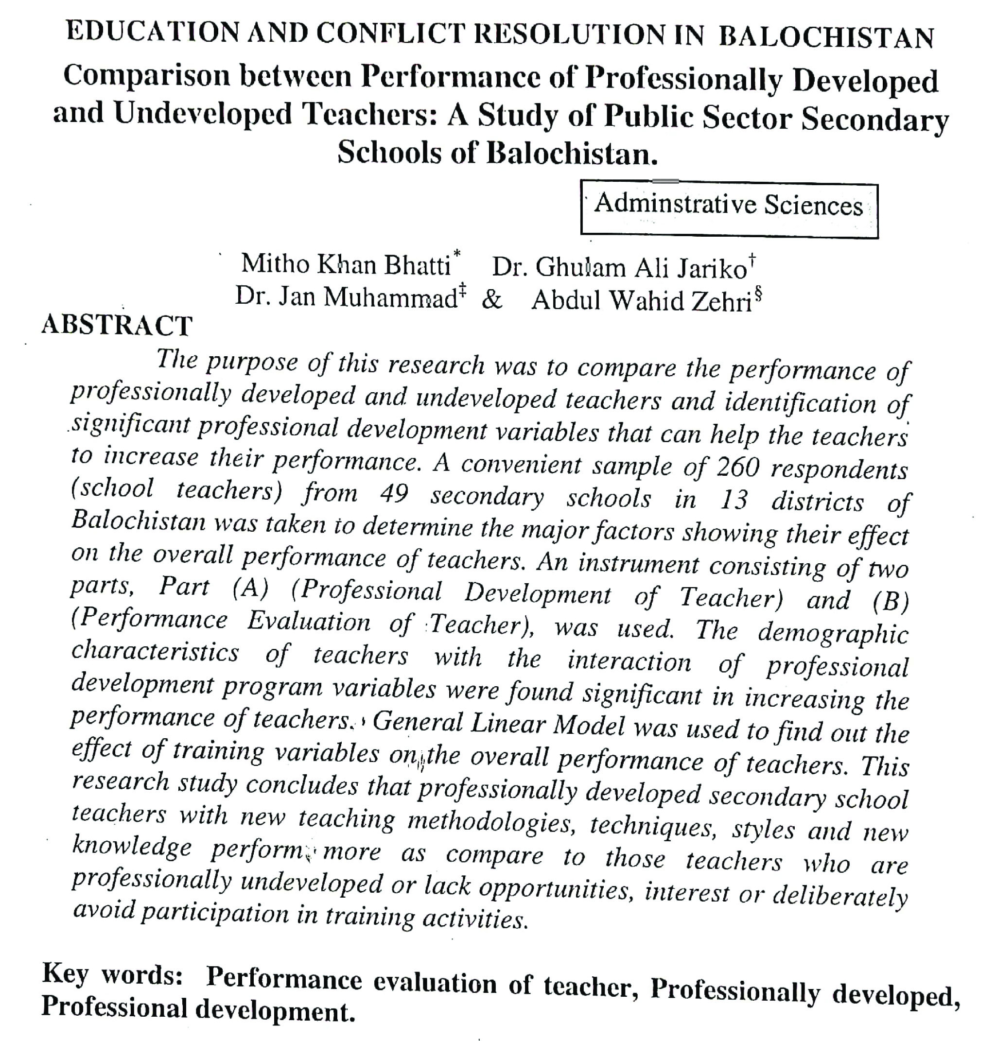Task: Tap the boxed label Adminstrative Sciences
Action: (x=729, y=206)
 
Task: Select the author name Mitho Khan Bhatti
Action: (x=346, y=264)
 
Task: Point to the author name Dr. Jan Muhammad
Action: (x=346, y=297)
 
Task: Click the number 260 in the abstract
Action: (x=737, y=467)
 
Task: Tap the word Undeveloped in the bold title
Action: (x=203, y=114)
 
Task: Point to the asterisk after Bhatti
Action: (x=457, y=253)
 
